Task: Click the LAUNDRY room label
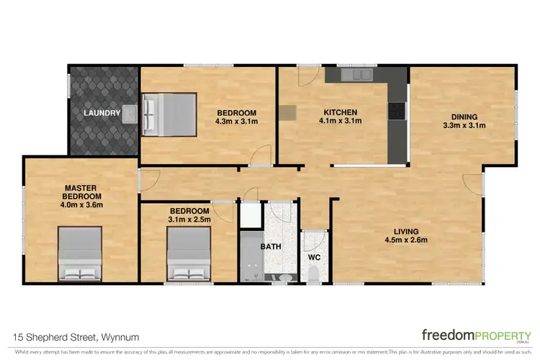[x=102, y=113]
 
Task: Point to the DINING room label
[x=464, y=117]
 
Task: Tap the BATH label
[x=270, y=246]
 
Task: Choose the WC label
[x=314, y=257]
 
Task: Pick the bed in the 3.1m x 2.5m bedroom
[x=189, y=253]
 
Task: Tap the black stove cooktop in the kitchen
[x=397, y=111]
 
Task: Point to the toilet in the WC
[x=314, y=274]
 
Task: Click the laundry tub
[x=130, y=113]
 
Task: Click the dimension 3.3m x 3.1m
[x=464, y=126]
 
